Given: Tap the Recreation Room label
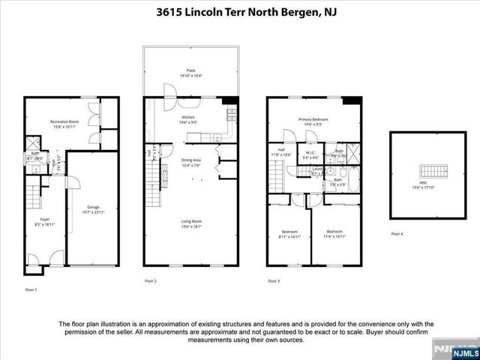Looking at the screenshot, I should point(65,121).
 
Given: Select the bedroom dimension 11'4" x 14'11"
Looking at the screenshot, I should point(334,236).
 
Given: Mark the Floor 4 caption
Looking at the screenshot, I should point(397,235).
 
